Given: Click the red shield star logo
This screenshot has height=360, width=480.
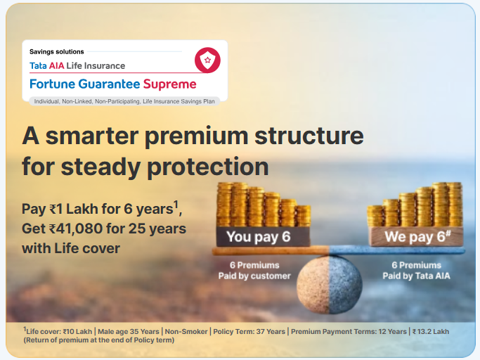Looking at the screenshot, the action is click(x=207, y=60).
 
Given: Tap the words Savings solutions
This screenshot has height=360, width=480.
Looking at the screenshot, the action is click(x=57, y=52).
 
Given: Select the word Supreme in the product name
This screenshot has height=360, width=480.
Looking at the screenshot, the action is click(x=169, y=84).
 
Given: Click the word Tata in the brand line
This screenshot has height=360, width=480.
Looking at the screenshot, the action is click(x=38, y=65).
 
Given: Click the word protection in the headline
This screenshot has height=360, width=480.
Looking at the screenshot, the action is click(x=208, y=167).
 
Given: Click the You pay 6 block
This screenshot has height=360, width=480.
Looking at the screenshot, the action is click(x=264, y=236).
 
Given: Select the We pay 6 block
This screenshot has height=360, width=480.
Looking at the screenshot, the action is click(x=416, y=236).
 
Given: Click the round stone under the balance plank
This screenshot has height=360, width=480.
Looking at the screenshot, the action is click(x=330, y=285).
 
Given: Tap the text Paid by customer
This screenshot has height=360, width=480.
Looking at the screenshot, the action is click(x=254, y=276).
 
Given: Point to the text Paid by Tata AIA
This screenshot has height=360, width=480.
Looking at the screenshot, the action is click(x=416, y=276).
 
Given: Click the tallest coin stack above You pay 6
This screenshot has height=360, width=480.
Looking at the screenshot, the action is click(x=223, y=205).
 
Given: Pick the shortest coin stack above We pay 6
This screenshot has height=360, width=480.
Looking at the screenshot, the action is click(x=375, y=216).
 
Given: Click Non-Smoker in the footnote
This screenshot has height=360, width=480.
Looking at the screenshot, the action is click(x=186, y=331).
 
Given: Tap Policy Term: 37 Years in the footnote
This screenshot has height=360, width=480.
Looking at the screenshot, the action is click(x=249, y=331).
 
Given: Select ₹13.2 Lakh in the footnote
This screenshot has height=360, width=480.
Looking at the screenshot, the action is click(x=431, y=331).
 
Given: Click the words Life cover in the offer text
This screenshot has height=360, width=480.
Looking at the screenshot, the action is click(x=87, y=248).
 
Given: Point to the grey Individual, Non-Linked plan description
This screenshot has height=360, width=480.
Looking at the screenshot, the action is click(x=124, y=101).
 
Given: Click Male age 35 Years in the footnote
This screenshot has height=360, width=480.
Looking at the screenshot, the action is click(x=129, y=331).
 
